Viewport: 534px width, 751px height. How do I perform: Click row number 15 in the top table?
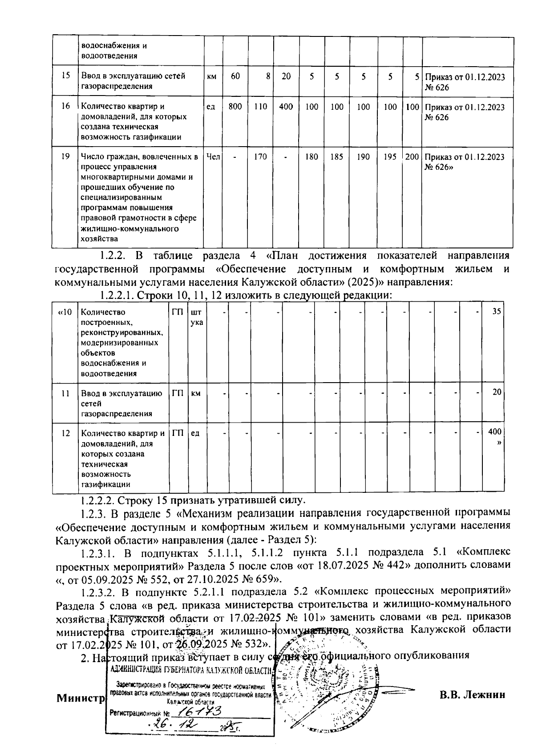point(65,76)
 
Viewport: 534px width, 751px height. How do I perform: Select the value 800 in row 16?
point(235,107)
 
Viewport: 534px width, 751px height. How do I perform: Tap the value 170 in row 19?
point(260,157)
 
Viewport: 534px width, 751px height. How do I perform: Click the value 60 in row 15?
point(235,76)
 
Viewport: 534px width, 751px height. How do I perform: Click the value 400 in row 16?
point(286,107)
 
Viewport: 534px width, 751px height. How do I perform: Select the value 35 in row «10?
point(497,312)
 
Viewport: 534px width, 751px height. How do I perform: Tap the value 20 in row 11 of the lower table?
point(497,391)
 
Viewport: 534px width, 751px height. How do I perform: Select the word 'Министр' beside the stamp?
point(80,698)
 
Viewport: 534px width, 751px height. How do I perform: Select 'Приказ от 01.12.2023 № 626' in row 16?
point(465,112)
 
